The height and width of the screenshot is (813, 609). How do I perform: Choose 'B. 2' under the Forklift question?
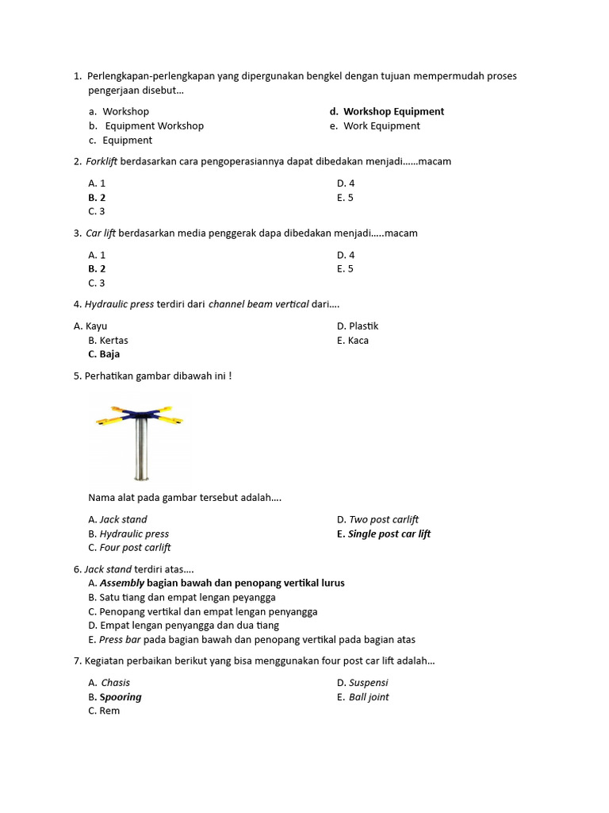pyautogui.click(x=97, y=198)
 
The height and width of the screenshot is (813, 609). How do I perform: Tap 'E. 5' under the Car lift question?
pyautogui.click(x=345, y=269)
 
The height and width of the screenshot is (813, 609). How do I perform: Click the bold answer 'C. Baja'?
pyautogui.click(x=104, y=355)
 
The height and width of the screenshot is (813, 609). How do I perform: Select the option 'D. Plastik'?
pyautogui.click(x=358, y=326)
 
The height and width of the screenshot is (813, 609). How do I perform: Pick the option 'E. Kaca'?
pyautogui.click(x=353, y=341)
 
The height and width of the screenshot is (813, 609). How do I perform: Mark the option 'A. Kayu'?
pyautogui.click(x=90, y=326)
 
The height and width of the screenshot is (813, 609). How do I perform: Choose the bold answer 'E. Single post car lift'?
pyautogui.click(x=384, y=534)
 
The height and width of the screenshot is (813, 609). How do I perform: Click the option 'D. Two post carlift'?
pyautogui.click(x=377, y=520)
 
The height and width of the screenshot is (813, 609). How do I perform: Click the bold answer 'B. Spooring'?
pyautogui.click(x=115, y=697)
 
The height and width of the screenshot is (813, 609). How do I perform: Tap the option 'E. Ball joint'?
pyautogui.click(x=362, y=697)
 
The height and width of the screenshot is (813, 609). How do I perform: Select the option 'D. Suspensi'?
pyautogui.click(x=362, y=683)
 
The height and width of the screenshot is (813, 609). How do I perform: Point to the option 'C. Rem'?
pyautogui.click(x=104, y=711)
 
